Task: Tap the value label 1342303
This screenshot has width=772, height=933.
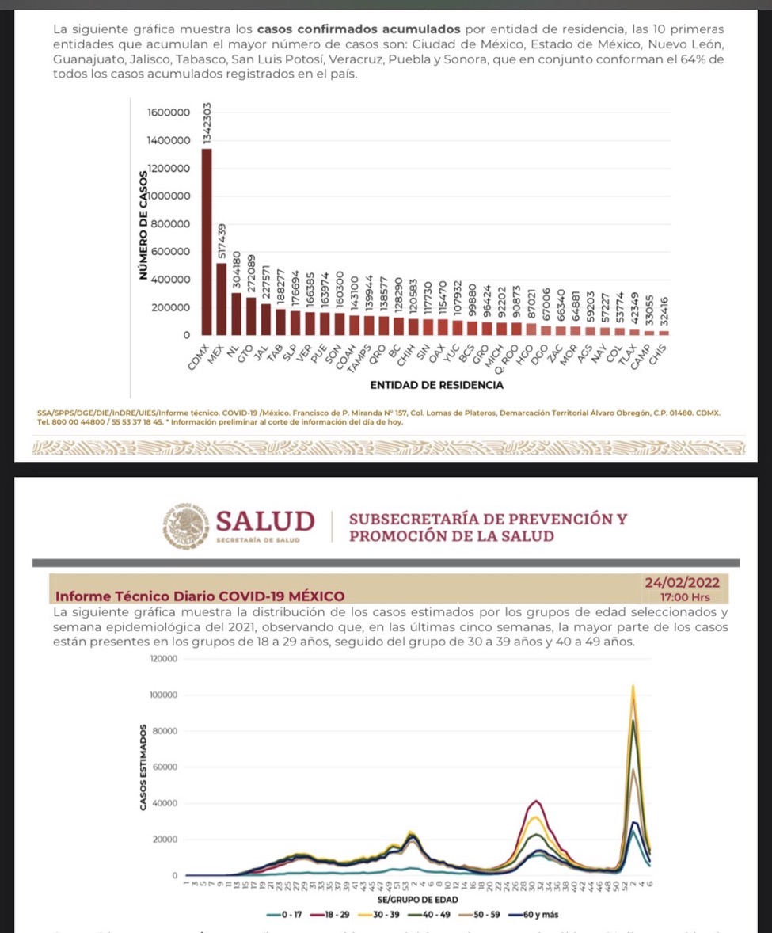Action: pyautogui.click(x=207, y=123)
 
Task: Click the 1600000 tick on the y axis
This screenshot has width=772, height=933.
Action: pyautogui.click(x=169, y=112)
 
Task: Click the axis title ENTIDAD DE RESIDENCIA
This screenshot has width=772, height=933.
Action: pyautogui.click(x=435, y=385)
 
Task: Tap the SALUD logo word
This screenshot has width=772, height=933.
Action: pyautogui.click(x=264, y=521)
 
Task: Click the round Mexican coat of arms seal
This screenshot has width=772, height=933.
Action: pyautogui.click(x=188, y=526)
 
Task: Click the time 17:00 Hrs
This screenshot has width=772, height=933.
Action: pyautogui.click(x=685, y=597)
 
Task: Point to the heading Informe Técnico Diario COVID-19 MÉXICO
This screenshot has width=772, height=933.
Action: pyautogui.click(x=200, y=596)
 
